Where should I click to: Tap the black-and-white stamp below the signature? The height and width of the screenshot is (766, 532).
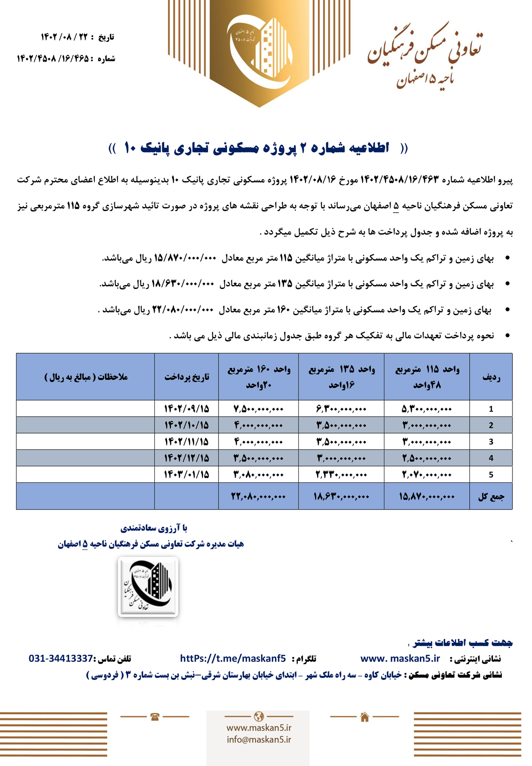click(x=148, y=587)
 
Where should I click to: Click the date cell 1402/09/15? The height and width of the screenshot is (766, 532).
click(x=186, y=409)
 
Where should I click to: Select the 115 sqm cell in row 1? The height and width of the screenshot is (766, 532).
click(x=426, y=409)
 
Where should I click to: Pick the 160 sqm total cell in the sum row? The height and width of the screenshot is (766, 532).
click(x=258, y=496)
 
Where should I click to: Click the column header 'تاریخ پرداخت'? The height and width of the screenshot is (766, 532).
click(x=186, y=377)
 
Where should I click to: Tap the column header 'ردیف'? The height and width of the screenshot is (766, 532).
click(x=491, y=377)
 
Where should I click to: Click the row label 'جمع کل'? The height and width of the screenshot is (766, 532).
click(x=491, y=496)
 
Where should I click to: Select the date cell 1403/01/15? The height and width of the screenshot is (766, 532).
click(x=186, y=474)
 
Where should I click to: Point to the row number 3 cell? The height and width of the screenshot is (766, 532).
click(x=491, y=442)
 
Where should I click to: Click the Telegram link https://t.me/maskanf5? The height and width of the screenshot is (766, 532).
click(x=233, y=658)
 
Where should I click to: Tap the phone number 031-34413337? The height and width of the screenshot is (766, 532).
click(x=61, y=658)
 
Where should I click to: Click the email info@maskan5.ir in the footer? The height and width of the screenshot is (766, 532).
click(x=259, y=739)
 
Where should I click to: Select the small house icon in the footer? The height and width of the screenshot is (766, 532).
click(x=364, y=717)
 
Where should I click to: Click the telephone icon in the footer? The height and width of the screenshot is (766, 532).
click(x=155, y=717)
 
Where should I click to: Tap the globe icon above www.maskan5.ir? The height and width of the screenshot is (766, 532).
click(x=259, y=716)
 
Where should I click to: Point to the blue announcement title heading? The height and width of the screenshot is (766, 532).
click(x=258, y=148)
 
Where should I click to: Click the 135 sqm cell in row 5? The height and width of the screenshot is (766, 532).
click(x=341, y=474)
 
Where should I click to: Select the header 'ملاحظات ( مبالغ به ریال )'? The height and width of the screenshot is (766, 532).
click(x=86, y=377)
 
